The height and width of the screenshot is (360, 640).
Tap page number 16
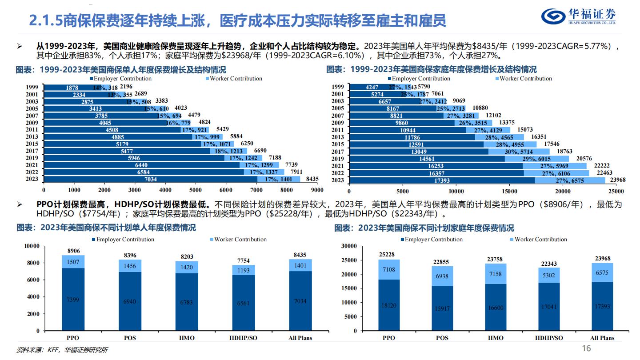click(587, 348)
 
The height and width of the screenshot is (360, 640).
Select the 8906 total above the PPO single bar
click(73, 251)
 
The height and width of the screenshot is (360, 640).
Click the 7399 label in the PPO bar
click(73, 300)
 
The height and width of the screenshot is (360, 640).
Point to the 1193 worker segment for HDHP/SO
click(243, 270)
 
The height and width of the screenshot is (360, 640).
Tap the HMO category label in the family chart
click(496, 338)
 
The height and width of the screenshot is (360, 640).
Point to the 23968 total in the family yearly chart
click(617, 180)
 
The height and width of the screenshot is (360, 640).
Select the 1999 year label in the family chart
click(338, 87)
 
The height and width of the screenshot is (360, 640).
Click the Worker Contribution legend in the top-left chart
click(233, 79)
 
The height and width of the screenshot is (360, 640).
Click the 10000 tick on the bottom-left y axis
click(32, 246)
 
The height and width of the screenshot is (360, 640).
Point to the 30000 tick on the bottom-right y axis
click(348, 246)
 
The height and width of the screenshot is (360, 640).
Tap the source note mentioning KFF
click(62, 350)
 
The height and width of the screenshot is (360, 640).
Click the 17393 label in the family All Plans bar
click(602, 306)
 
